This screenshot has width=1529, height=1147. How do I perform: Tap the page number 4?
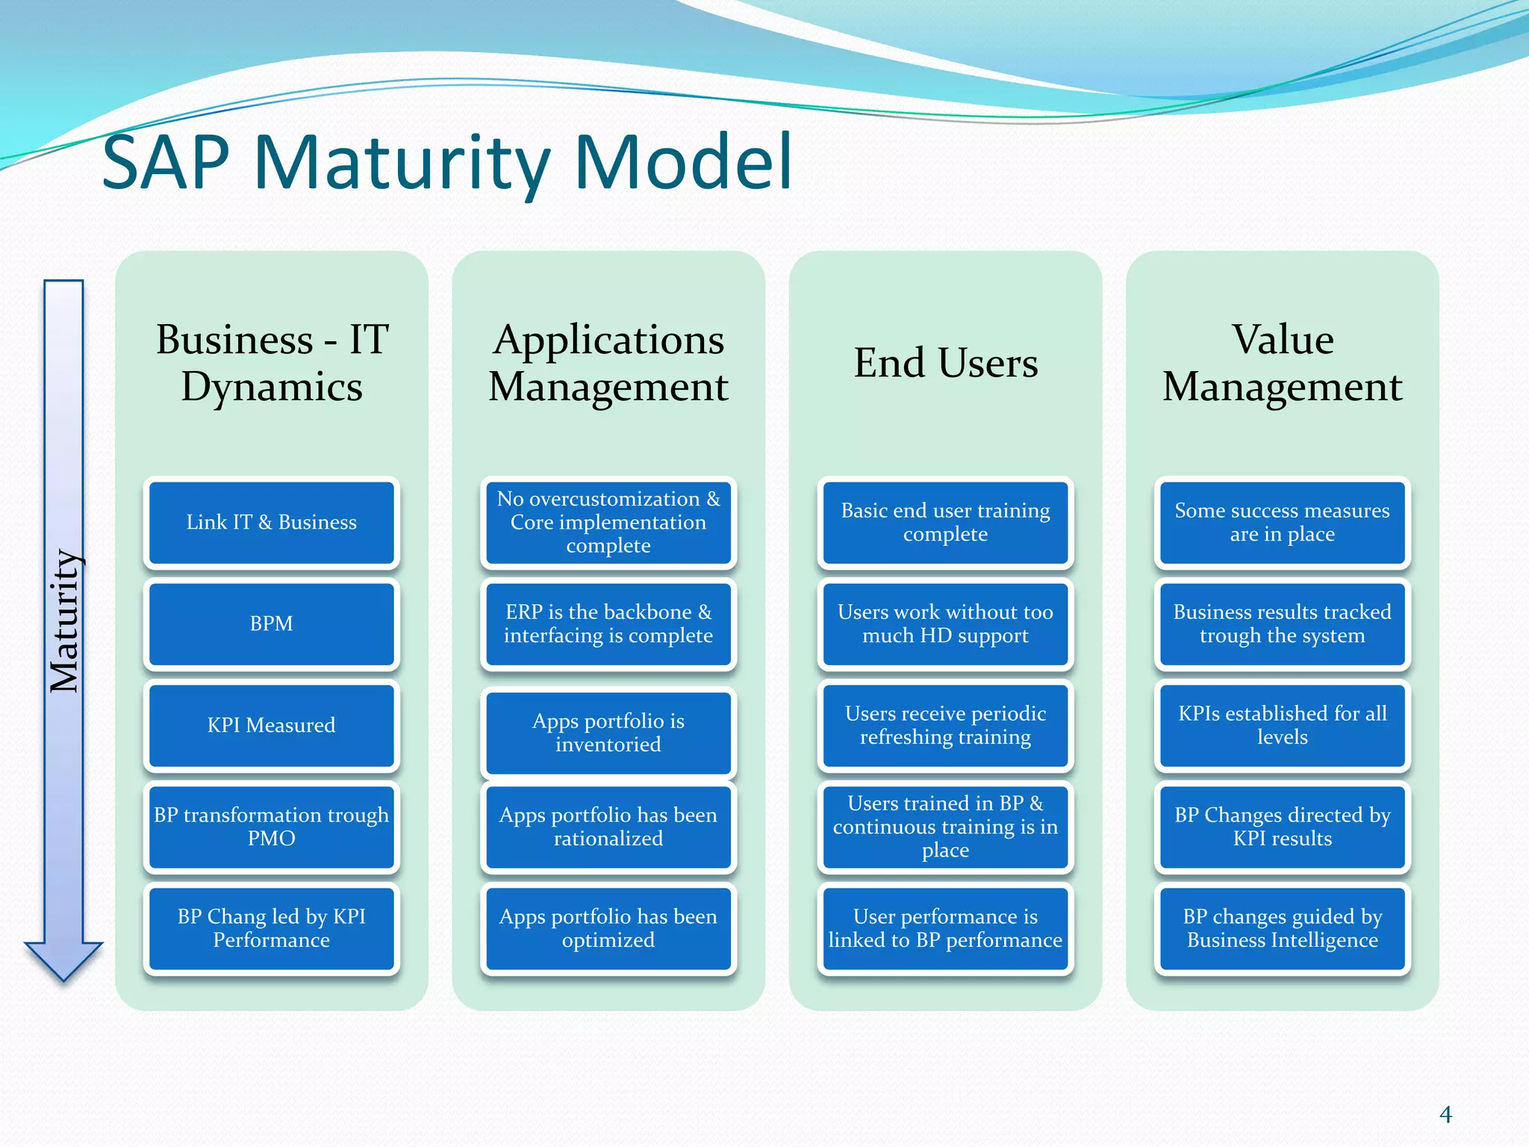click(x=1445, y=1114)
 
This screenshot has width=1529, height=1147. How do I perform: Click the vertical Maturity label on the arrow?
click(x=64, y=620)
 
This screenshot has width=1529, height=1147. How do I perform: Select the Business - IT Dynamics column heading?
click(x=272, y=363)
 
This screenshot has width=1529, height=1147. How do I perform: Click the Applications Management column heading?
click(x=608, y=363)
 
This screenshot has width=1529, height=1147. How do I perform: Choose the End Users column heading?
click(x=945, y=363)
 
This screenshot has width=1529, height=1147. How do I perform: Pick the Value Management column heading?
click(x=1282, y=363)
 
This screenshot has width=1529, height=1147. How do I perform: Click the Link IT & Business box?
click(x=272, y=522)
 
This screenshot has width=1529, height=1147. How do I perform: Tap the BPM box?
click(x=272, y=624)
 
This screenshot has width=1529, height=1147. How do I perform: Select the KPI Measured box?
click(x=272, y=725)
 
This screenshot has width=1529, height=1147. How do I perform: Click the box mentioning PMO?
click(x=272, y=827)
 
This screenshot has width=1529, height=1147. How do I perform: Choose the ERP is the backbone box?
click(x=608, y=624)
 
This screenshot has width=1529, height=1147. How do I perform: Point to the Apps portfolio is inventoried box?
click(x=608, y=733)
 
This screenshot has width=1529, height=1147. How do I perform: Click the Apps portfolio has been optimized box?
click(x=608, y=928)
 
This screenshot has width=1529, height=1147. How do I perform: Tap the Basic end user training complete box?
click(x=945, y=522)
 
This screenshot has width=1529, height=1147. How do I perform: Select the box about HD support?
click(x=945, y=624)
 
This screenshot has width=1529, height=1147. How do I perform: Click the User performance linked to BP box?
click(x=945, y=928)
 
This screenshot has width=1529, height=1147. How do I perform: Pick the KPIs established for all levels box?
click(x=1282, y=725)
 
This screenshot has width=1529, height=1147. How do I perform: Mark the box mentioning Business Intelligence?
click(x=1282, y=928)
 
